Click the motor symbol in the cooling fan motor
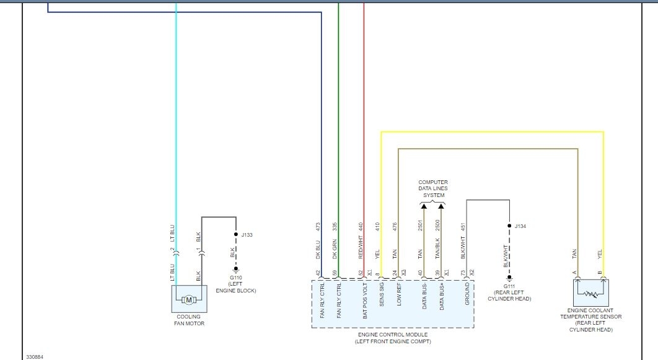tap(189, 300)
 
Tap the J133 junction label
tap(247, 235)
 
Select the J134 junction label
tap(520, 226)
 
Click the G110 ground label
tap(235, 279)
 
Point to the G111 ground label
tap(509, 286)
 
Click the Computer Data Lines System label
tap(433, 189)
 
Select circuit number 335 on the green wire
tap(335, 227)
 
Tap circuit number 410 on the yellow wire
tap(377, 227)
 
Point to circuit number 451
tap(463, 227)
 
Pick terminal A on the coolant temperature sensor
tap(574, 273)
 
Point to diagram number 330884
tap(35, 356)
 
